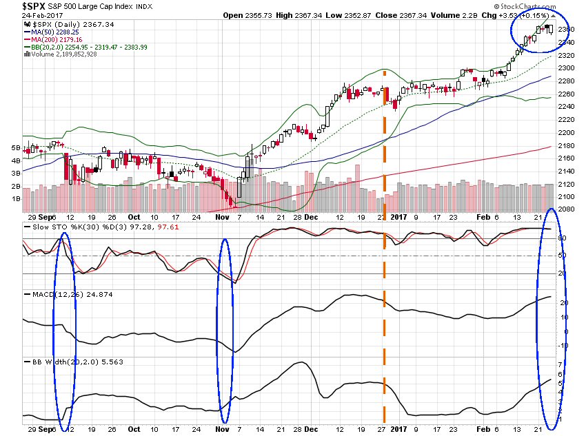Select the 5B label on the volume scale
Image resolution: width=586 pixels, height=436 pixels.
click(x=15, y=148)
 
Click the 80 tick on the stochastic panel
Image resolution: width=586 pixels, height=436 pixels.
click(x=561, y=238)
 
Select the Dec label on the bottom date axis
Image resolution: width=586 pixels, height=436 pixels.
click(x=311, y=427)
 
